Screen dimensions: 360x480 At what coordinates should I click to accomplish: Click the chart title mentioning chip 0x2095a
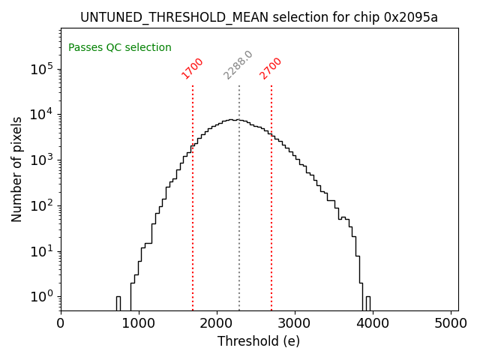point(259,17)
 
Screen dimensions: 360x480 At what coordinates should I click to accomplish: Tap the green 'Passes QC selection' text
point(120,48)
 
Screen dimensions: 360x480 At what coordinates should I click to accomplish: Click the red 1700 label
point(193,67)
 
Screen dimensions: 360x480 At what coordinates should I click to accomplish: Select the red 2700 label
point(271,67)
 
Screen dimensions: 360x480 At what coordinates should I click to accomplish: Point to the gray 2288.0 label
point(238,65)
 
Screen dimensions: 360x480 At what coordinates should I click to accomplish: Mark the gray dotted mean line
point(239,225)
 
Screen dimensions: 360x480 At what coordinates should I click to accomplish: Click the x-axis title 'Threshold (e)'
point(259,341)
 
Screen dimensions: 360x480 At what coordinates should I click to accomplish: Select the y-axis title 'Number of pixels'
point(17,169)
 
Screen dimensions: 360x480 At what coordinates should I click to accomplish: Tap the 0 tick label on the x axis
point(61,323)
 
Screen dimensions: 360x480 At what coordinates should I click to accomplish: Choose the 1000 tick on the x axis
point(139,323)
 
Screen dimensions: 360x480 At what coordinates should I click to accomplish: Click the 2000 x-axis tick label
point(217,323)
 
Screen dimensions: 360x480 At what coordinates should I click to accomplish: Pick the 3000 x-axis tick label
point(295,323)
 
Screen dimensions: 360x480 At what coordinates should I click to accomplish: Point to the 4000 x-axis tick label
point(373,323)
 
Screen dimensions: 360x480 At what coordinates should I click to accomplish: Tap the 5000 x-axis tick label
point(451,323)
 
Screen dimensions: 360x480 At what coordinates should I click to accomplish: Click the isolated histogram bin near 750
point(118,303)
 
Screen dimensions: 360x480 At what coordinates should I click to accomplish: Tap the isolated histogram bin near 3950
point(367,303)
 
